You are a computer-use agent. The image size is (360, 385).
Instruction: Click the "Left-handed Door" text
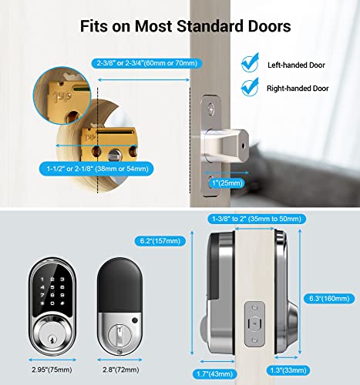coord(297,65)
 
